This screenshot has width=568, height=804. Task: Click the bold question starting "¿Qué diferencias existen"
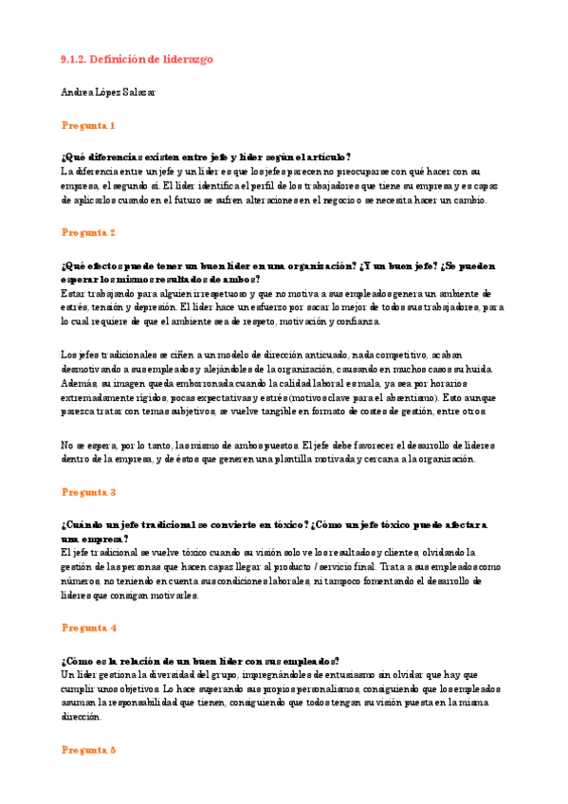pyautogui.click(x=205, y=157)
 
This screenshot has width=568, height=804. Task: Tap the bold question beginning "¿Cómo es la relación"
pyautogui.click(x=199, y=661)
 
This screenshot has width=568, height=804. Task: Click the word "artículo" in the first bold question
pyautogui.click(x=323, y=157)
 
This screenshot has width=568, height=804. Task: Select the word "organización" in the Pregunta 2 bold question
pyautogui.click(x=305, y=265)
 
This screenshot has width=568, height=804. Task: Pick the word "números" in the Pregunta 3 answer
pyautogui.click(x=80, y=580)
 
